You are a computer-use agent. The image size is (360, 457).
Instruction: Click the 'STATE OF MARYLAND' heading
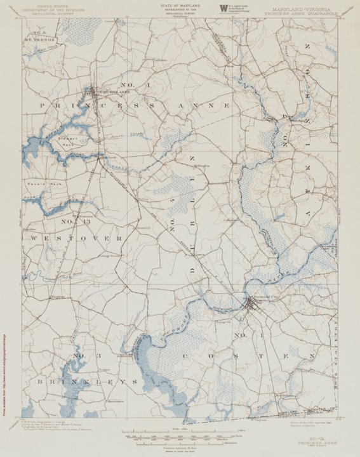pyautogui.click(x=179, y=5)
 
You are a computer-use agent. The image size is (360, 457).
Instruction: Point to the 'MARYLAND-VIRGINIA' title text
pyautogui.click(x=301, y=10)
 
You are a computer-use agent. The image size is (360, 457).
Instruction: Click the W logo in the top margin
pyautogui.click(x=223, y=8)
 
